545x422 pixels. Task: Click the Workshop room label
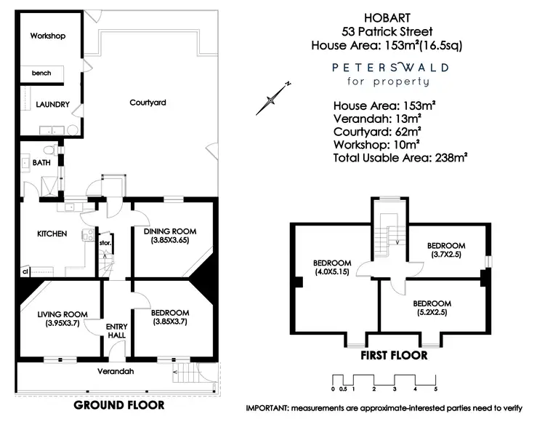[49, 36]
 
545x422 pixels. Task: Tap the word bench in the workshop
[41, 73]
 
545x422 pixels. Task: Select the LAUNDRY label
[53, 105]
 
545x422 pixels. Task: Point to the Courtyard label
[148, 103]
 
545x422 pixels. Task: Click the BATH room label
[41, 163]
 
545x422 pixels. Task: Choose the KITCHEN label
[52, 234]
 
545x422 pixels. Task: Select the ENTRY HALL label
[116, 331]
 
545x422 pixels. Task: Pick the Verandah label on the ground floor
[117, 371]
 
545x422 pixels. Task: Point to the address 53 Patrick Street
[387, 31]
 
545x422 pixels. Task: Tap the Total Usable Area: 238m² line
[399, 156]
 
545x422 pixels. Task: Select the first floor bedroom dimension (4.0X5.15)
[332, 271]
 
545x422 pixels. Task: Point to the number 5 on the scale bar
[435, 389]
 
